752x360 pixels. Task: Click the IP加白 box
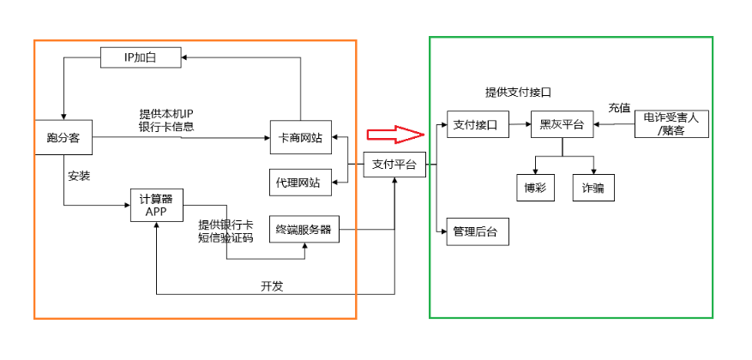(x=141, y=57)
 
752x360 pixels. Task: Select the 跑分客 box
(x=63, y=137)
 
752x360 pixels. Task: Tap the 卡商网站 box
(x=301, y=137)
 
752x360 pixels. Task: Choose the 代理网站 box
(x=301, y=182)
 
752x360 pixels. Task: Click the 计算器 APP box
(x=155, y=206)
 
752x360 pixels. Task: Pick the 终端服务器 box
(x=303, y=229)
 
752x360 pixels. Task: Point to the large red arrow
(x=395, y=134)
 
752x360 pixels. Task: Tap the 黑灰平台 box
(x=562, y=125)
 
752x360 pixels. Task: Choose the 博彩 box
(x=535, y=188)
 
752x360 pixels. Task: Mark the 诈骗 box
(x=593, y=188)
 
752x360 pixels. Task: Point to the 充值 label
(x=618, y=109)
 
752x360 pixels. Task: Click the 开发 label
(x=272, y=286)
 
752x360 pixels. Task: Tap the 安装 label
(x=80, y=176)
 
